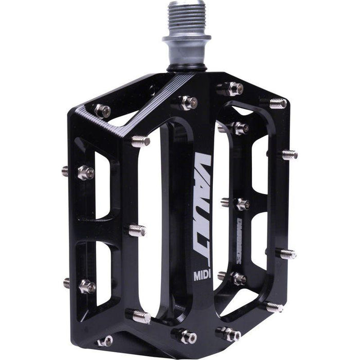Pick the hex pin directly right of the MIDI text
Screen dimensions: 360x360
pyautogui.click(x=238, y=278)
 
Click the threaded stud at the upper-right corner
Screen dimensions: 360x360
pyautogui.click(x=278, y=103)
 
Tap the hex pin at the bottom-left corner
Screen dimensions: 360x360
pyautogui.click(x=105, y=341)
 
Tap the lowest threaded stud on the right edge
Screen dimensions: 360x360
pyautogui.click(x=274, y=307)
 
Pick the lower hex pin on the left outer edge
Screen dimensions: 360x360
pyautogui.click(x=85, y=286)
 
